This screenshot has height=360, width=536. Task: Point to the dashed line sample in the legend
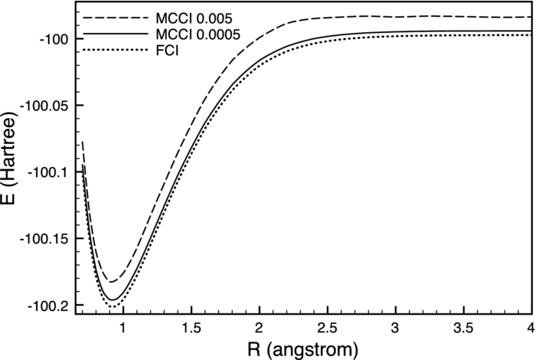coord(103,17)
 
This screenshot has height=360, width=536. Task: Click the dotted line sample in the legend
coord(103,53)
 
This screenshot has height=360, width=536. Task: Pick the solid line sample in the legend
coord(103,35)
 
